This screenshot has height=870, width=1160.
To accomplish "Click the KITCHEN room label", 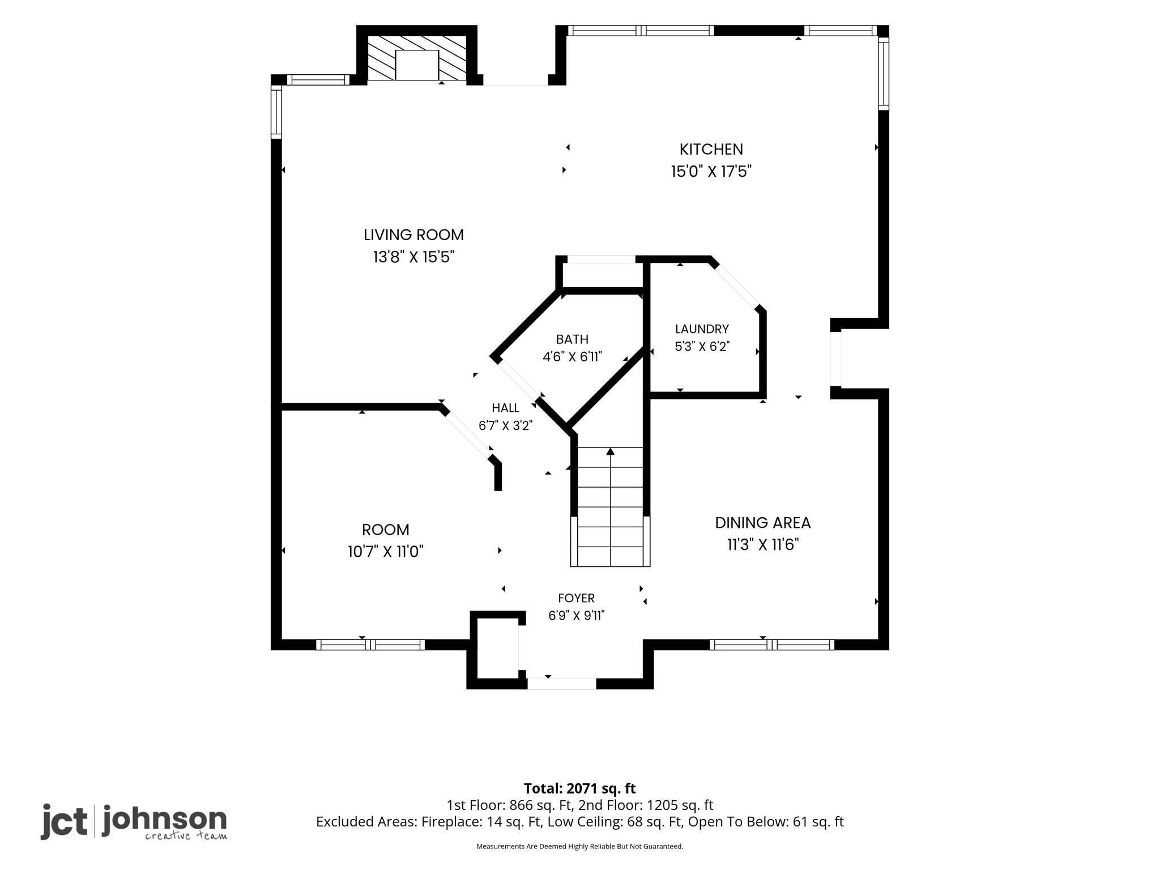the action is [x=711, y=150].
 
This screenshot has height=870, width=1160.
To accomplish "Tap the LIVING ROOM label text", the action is [x=413, y=235].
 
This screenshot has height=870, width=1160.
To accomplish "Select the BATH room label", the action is [x=572, y=339].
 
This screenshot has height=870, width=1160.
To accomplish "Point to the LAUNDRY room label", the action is [x=702, y=329].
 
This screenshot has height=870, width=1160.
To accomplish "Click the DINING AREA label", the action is [x=763, y=523].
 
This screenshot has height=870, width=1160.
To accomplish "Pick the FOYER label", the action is [x=576, y=598].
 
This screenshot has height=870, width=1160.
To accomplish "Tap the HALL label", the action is [x=505, y=408].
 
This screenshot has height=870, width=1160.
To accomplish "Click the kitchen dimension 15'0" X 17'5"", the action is [x=711, y=171].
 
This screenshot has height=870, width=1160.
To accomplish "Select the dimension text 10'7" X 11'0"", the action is [x=386, y=551].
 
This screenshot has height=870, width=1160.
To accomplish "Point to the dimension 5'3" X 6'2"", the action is [x=702, y=346].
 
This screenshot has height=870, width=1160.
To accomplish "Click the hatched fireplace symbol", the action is [x=417, y=58].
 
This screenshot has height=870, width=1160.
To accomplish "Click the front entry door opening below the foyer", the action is [x=561, y=684].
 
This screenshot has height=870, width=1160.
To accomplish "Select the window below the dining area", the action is [x=771, y=645].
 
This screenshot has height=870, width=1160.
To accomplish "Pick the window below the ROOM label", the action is [x=370, y=645].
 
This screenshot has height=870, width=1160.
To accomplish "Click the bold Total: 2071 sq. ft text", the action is [x=579, y=788].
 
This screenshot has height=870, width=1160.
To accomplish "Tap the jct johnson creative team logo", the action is [x=134, y=822].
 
